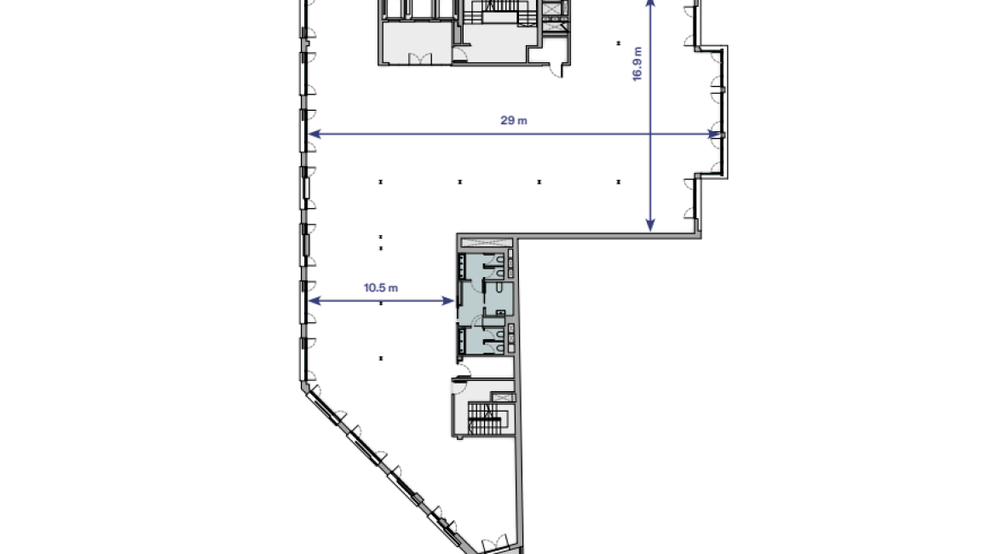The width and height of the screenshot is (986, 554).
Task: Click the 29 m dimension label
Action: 514,120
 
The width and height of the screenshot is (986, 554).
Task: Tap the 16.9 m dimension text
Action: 637,64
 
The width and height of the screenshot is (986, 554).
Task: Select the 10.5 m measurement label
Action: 380,288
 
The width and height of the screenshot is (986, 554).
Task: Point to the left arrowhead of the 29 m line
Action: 314,134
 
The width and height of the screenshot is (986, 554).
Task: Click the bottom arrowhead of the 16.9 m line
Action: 650,225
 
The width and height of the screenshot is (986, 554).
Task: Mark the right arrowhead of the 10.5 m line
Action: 448,301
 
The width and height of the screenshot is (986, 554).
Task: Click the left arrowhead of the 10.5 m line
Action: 314,301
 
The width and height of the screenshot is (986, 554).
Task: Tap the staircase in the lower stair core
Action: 483,418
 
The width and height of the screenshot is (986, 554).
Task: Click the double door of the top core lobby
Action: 420,59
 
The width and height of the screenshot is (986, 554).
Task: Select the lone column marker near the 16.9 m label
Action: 618,43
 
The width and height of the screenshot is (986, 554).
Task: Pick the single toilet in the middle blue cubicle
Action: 498,287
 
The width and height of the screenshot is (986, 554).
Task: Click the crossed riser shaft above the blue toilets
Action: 487,242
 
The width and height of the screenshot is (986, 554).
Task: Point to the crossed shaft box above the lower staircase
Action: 503,397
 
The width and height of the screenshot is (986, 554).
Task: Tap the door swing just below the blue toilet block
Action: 463,371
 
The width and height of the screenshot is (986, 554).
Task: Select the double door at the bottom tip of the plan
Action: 494,543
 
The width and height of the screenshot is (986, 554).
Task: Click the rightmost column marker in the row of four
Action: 618,182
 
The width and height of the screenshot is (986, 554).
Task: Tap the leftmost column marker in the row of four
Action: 380,182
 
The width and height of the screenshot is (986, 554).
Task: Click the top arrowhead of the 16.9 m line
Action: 650,3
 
